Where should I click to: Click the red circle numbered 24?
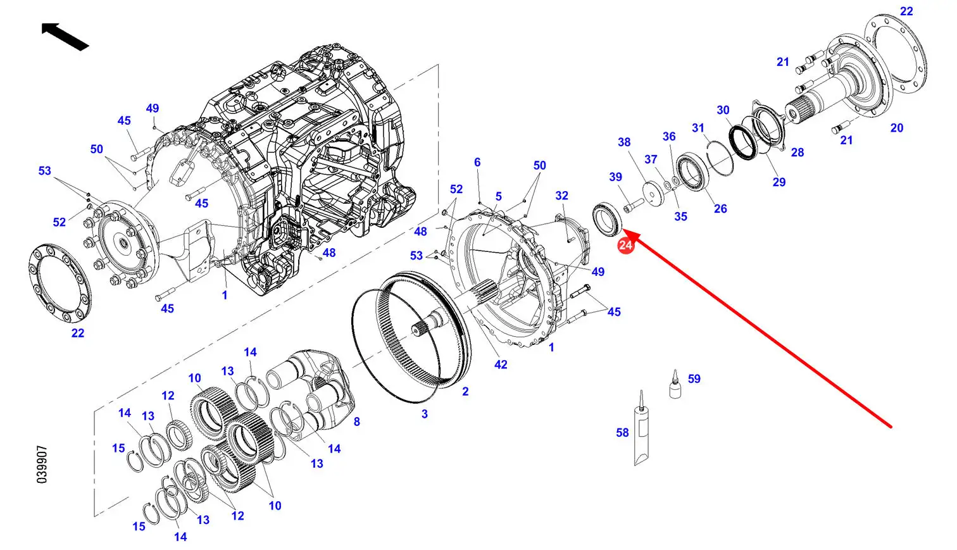point(625,245)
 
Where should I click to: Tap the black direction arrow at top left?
point(65,37)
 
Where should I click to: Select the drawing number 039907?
point(42,465)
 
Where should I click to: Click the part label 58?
point(622,433)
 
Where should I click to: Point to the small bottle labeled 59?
point(675,385)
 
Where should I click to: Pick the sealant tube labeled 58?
point(641,427)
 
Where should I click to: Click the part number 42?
point(501,365)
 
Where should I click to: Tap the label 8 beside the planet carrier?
point(357,422)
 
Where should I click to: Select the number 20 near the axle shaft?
point(897,128)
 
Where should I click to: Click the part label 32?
point(562,196)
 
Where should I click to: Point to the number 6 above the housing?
point(477,163)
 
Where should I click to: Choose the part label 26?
point(720,209)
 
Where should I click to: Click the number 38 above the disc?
point(624,142)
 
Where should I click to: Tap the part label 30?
point(723,110)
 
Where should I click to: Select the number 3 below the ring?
point(424,414)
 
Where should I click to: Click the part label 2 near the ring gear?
point(465,391)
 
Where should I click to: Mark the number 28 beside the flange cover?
point(797,153)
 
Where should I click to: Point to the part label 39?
point(616,177)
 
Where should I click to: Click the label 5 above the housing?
point(499,197)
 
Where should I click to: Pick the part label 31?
point(698,128)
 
